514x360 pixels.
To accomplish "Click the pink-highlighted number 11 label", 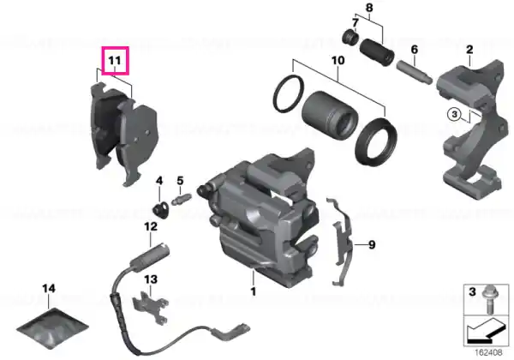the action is (x=116, y=61).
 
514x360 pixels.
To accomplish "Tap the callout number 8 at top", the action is (x=369, y=7).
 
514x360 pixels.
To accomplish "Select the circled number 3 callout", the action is (x=454, y=115).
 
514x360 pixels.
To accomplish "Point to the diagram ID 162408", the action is (x=488, y=353).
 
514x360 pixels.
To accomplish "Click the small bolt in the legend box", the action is (x=487, y=300).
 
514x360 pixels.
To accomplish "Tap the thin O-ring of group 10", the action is (x=289, y=94).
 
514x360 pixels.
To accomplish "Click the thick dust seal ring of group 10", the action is (x=376, y=141).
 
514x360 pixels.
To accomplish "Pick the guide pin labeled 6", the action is (x=415, y=72).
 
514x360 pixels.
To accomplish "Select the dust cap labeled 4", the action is (x=161, y=209).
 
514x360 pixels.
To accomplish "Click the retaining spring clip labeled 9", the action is (x=342, y=241).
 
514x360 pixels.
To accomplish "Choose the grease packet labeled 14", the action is (x=52, y=328).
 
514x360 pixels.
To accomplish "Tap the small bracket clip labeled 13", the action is (x=151, y=307).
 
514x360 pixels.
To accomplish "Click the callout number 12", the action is (x=151, y=226).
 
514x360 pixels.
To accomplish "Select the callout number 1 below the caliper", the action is (x=253, y=291).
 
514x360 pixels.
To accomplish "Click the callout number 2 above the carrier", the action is (x=469, y=50).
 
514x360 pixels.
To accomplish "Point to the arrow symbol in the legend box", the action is (x=485, y=331).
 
